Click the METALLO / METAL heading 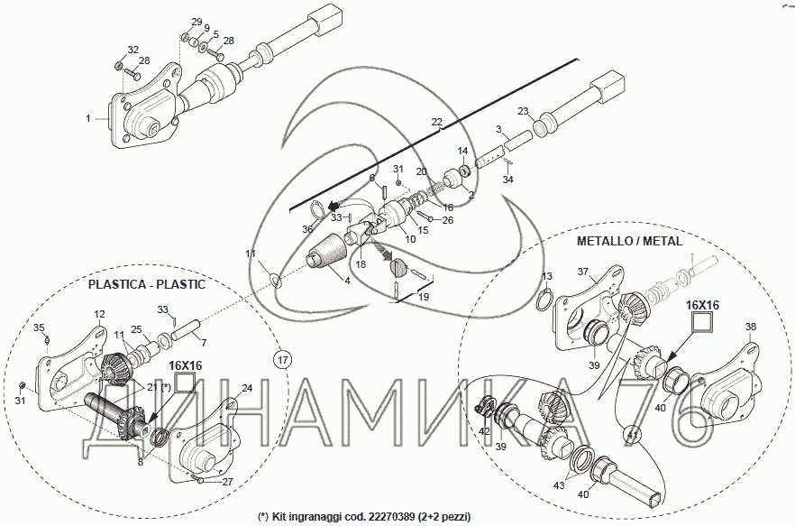pyautogui.click(x=629, y=241)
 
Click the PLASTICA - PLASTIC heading pyautogui.click(x=147, y=284)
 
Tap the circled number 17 pyautogui.click(x=283, y=361)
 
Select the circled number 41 pyautogui.click(x=632, y=435)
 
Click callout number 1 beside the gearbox pyautogui.click(x=88, y=118)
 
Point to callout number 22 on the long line pyautogui.click(x=437, y=122)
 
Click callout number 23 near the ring pyautogui.click(x=523, y=111)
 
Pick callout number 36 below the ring pyautogui.click(x=307, y=229)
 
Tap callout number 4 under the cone pyautogui.click(x=347, y=280)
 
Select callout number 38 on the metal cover pyautogui.click(x=751, y=327)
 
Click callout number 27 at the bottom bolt pyautogui.click(x=228, y=482)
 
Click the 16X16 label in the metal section pyautogui.click(x=702, y=305)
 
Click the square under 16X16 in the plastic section pyautogui.click(x=185, y=383)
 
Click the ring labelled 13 pyautogui.click(x=543, y=300)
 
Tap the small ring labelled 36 pyautogui.click(x=318, y=209)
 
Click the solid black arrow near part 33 pyautogui.click(x=334, y=206)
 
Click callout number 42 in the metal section pyautogui.click(x=484, y=431)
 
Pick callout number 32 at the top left pyautogui.click(x=132, y=50)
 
